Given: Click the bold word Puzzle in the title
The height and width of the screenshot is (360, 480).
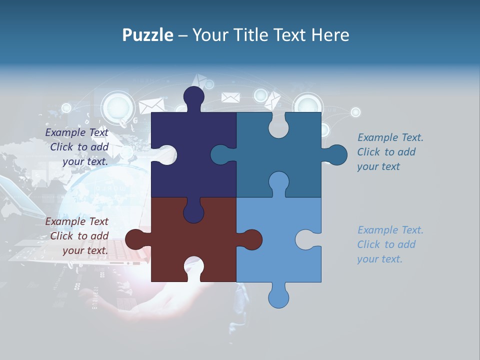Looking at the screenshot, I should [x=147, y=35].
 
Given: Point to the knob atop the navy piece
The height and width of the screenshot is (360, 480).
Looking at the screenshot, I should [x=193, y=96].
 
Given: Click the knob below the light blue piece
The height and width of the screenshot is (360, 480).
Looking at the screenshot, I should [x=278, y=297].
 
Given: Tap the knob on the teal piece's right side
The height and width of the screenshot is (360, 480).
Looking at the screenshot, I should [x=336, y=155].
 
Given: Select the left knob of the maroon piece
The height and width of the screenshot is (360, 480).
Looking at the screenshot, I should [x=136, y=239].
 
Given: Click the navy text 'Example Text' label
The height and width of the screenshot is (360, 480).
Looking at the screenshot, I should [x=77, y=132].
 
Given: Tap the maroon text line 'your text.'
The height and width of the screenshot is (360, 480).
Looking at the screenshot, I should [x=85, y=250].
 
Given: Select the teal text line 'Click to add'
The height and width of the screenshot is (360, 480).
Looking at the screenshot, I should [x=386, y=152].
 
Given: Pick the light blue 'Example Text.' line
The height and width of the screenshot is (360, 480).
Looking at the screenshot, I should [x=390, y=230].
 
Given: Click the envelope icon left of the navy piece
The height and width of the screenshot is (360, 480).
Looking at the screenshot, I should [x=151, y=105].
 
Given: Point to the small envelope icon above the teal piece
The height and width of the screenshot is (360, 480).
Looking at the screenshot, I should [x=230, y=97].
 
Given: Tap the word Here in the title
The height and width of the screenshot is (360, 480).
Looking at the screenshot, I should [x=330, y=35].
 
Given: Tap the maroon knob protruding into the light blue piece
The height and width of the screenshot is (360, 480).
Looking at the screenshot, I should [x=251, y=239].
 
